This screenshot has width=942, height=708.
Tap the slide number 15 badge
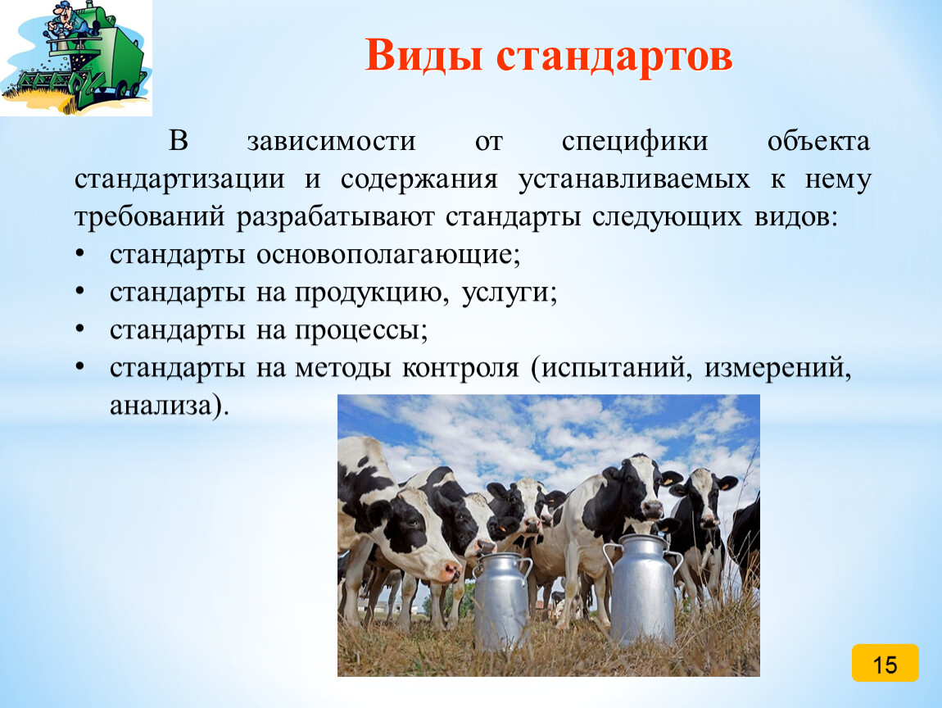885,663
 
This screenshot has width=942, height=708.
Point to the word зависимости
331,142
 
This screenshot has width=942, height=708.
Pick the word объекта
818,142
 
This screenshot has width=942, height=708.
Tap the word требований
150,218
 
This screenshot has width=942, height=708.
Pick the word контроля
460,369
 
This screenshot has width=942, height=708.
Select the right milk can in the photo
643,589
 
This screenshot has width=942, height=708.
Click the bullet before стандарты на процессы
80,330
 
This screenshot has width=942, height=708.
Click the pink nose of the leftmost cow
450,571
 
